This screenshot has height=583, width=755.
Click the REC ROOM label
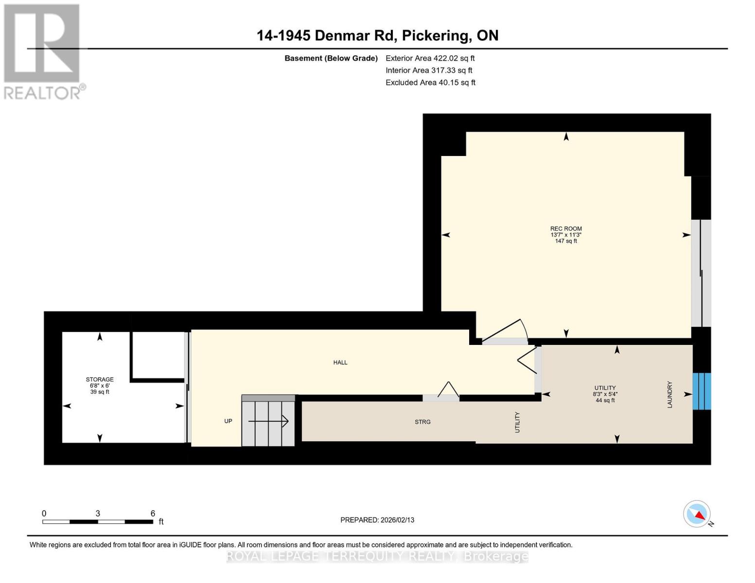(x=566, y=228)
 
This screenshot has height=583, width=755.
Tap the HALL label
(x=340, y=362)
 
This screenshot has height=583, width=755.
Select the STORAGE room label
(x=100, y=379)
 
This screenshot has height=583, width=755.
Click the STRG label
(x=422, y=422)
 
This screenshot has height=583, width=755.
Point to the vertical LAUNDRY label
(x=669, y=394)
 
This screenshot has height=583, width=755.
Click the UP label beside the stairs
(x=228, y=421)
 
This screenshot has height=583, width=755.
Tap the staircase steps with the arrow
(x=269, y=421)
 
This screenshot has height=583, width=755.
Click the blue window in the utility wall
(x=702, y=391)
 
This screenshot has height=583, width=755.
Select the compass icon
(x=697, y=514)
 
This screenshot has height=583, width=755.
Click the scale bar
(x=97, y=522)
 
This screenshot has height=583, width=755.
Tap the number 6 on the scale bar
(x=153, y=514)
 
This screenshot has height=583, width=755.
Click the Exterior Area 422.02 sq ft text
(x=430, y=58)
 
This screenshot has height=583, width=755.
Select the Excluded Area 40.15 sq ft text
(x=430, y=83)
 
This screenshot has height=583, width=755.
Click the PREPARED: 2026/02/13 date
(x=377, y=520)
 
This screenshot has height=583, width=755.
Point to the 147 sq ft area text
(x=566, y=241)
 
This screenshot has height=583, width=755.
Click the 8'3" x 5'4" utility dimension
(x=605, y=394)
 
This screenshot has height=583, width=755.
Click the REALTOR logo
(x=43, y=51)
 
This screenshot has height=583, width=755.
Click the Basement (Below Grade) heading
(x=331, y=58)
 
